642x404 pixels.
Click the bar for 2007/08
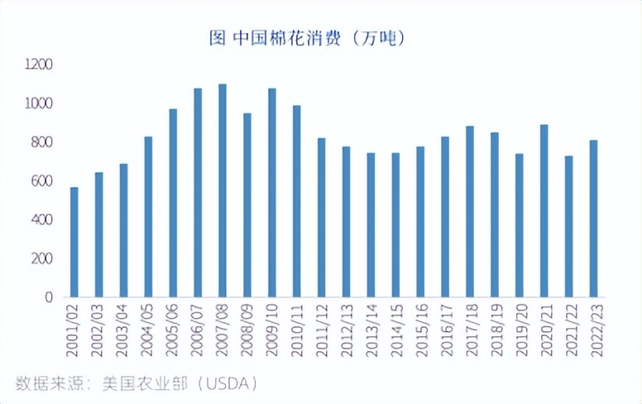[223, 190]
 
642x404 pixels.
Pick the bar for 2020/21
[544, 210]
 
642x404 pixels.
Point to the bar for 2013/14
[371, 224]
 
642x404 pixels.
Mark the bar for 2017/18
[470, 211]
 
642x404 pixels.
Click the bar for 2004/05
[149, 216]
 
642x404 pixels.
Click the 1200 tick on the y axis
[39, 65]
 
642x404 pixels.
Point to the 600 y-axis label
[42, 180]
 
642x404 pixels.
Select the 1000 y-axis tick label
[39, 103]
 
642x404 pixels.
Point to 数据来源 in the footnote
[46, 383]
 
